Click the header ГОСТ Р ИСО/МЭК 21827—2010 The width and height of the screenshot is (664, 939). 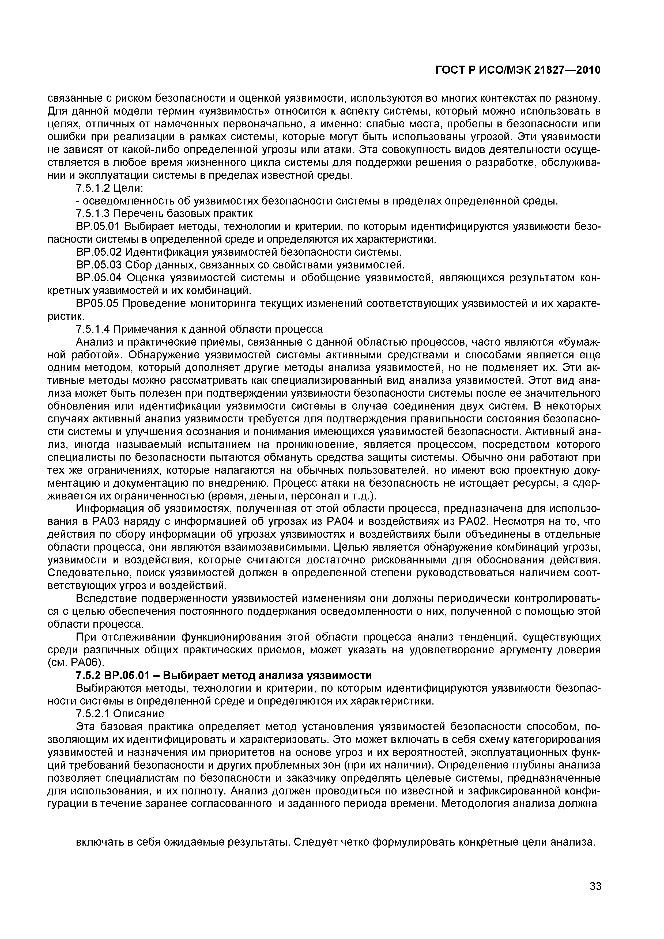[x=518, y=70]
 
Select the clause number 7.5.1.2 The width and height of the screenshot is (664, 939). [x=93, y=188]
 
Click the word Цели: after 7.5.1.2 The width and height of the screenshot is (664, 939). [x=128, y=188]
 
